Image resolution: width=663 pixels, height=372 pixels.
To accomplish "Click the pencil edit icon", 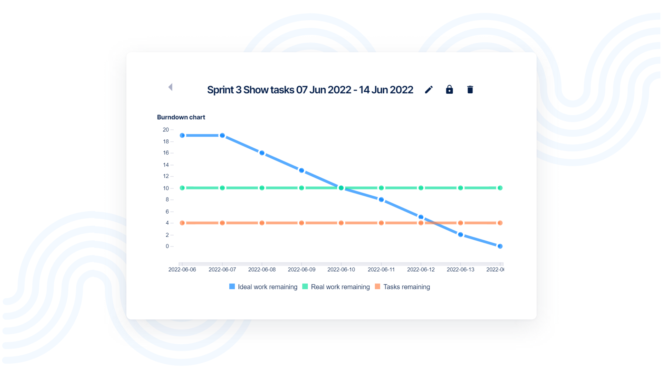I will click(x=429, y=90).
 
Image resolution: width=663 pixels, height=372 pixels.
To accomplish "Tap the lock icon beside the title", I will click(x=449, y=90).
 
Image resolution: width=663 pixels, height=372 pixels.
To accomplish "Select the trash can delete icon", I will click(x=470, y=90).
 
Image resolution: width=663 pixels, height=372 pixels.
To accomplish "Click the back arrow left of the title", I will click(x=170, y=87).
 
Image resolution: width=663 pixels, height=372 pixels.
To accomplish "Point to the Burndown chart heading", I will click(x=181, y=117).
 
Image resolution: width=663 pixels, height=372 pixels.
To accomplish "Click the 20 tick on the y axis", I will click(x=166, y=130).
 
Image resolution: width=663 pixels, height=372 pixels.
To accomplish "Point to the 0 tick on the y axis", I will click(x=167, y=246).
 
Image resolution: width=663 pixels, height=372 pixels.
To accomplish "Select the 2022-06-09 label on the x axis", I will click(x=301, y=270).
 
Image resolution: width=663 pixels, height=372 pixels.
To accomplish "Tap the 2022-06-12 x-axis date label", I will click(x=421, y=270).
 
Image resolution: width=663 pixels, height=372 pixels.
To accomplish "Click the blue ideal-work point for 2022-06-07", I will click(x=222, y=136).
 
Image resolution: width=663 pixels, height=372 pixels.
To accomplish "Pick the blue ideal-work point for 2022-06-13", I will click(x=460, y=234).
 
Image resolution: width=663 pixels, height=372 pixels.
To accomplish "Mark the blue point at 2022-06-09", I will click(x=301, y=170).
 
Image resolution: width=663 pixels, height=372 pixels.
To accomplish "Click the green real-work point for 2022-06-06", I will click(x=182, y=188).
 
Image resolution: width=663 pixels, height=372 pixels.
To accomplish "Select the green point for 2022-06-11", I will click(x=381, y=188).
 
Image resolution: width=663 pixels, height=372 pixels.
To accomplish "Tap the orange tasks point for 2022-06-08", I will click(x=262, y=223).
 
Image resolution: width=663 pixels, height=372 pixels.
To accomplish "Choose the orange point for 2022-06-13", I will click(x=460, y=223).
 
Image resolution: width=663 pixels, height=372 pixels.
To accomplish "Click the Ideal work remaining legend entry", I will click(x=263, y=287).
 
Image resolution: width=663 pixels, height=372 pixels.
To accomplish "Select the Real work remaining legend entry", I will click(x=336, y=287).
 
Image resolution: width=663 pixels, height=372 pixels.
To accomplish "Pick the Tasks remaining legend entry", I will click(x=402, y=287).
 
